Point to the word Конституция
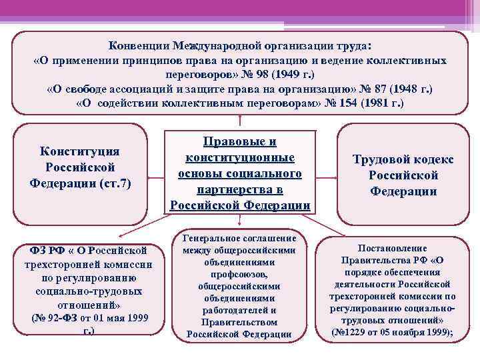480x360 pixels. click(x=80, y=151)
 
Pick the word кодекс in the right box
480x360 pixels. click(x=437, y=159)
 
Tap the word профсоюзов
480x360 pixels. click(x=239, y=274)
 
